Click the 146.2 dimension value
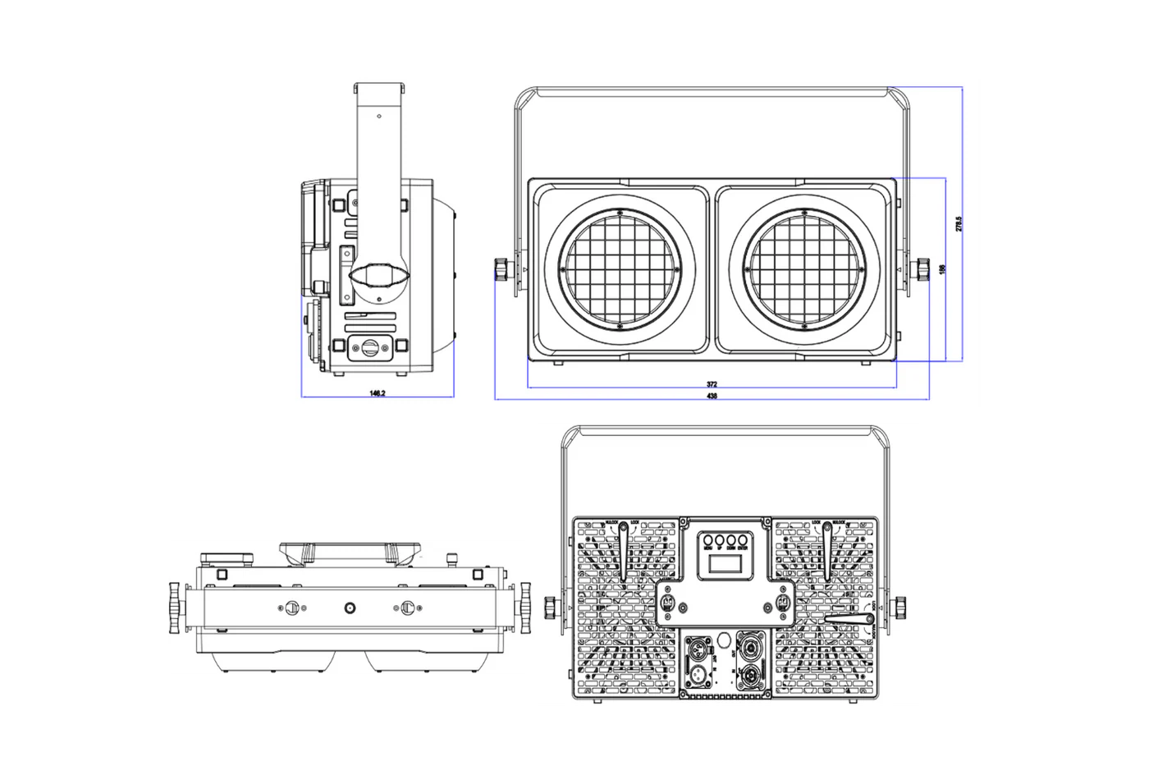click(378, 394)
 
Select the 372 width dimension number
click(712, 384)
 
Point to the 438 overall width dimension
click(712, 397)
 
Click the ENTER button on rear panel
click(742, 540)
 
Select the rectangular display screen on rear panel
click(724, 566)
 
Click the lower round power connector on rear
click(749, 678)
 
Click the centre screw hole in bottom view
click(350, 608)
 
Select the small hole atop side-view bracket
click(378, 117)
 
